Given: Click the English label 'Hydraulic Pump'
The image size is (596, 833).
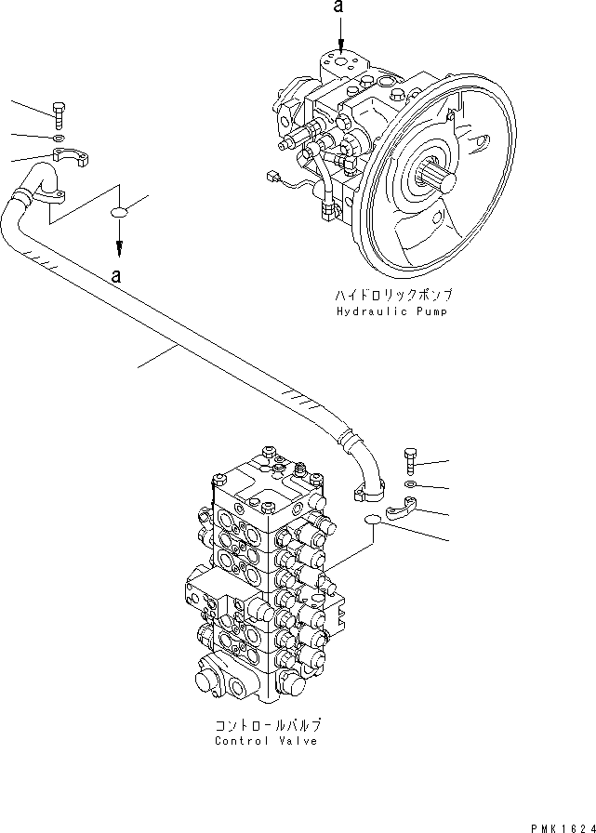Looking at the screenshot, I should pyautogui.click(x=391, y=311).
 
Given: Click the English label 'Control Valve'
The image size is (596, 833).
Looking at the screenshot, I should pyautogui.click(x=266, y=741).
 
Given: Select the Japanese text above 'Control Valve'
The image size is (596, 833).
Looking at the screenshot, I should pyautogui.click(x=266, y=724).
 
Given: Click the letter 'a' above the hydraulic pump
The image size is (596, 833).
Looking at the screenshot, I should pyautogui.click(x=340, y=8).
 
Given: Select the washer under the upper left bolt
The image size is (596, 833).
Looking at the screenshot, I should pyautogui.click(x=59, y=139).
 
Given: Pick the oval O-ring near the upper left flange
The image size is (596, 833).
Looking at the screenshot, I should pyautogui.click(x=120, y=214).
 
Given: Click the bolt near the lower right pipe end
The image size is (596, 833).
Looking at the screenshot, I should pyautogui.click(x=412, y=460).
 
